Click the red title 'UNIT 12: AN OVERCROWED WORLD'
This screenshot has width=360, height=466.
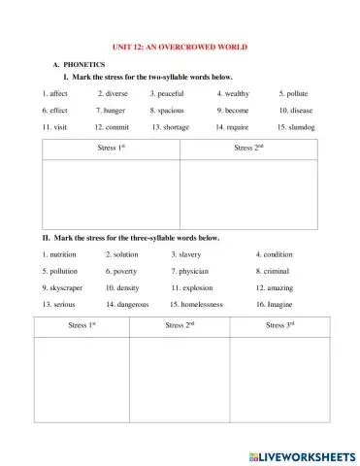pyautogui.click(x=180, y=46)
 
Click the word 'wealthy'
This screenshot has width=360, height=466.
pyautogui.click(x=236, y=94)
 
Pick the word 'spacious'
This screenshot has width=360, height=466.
pyautogui.click(x=171, y=111)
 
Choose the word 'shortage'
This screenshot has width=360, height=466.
pyautogui.click(x=175, y=127)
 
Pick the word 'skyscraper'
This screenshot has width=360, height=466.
pyautogui.click(x=72, y=287)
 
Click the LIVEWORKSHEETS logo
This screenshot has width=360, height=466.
pyautogui.click(x=303, y=453)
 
